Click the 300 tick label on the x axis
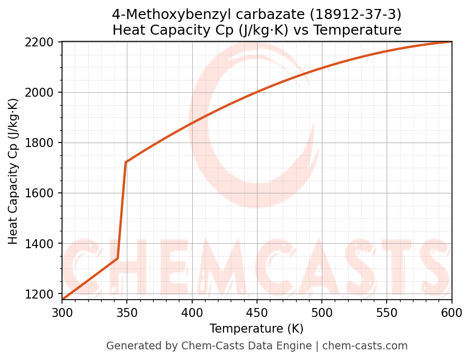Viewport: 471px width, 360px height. click(62, 313)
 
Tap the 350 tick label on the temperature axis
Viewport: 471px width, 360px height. click(127, 313)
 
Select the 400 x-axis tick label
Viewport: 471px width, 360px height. click(192, 313)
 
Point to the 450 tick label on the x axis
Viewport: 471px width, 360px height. click(257, 313)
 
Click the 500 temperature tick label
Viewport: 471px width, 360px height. click(322, 313)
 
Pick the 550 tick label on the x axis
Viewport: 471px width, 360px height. click(387, 313)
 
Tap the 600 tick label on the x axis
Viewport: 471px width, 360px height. click(451, 313)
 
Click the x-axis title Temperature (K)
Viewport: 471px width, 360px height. click(256, 329)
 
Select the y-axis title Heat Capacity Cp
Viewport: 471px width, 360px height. click(13, 171)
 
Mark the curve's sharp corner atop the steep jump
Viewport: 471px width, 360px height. click(126, 163)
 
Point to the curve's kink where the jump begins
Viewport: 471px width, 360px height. click(118, 258)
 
